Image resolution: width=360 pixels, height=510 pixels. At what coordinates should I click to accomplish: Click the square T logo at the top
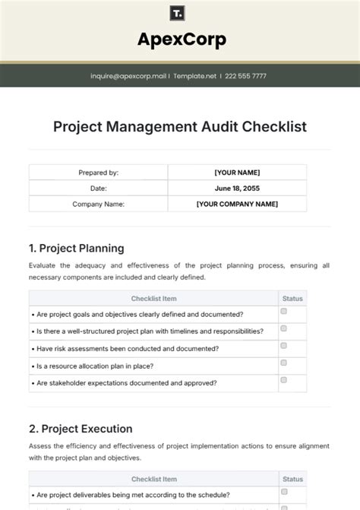coord(179,14)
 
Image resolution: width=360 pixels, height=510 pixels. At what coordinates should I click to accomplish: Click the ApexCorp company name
coord(181,40)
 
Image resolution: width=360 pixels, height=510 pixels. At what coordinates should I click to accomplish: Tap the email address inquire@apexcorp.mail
coord(128,76)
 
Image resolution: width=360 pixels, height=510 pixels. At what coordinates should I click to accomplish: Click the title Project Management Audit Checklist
coord(180,127)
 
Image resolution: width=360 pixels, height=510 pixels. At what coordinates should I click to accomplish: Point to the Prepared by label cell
coord(99,173)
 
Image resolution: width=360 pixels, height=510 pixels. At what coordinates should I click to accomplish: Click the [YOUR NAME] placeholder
coord(237,173)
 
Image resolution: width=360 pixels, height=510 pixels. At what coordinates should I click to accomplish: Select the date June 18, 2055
coord(237,188)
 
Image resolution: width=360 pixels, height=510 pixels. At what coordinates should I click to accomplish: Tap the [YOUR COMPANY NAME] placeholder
coord(237,204)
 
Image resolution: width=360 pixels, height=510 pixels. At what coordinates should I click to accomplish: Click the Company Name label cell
coord(99,204)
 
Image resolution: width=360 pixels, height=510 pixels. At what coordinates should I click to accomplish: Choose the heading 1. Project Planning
coord(76,248)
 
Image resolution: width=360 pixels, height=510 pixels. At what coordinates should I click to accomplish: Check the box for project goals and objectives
coord(283,312)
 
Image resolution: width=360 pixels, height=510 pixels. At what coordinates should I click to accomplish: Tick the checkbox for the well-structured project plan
coord(283,328)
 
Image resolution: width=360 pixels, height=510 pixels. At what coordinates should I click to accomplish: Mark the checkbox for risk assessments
coord(283,346)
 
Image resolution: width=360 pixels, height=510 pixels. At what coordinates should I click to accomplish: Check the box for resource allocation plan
coord(283,363)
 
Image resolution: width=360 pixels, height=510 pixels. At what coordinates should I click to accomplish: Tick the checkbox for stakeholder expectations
coord(283,379)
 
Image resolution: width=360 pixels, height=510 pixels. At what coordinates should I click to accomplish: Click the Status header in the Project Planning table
coord(292,299)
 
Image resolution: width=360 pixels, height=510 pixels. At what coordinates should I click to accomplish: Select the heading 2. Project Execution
coord(81,429)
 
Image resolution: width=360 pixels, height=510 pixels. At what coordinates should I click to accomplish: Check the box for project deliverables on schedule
coord(283,492)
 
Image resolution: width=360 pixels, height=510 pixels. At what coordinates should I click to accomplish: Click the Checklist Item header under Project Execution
coord(153,479)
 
